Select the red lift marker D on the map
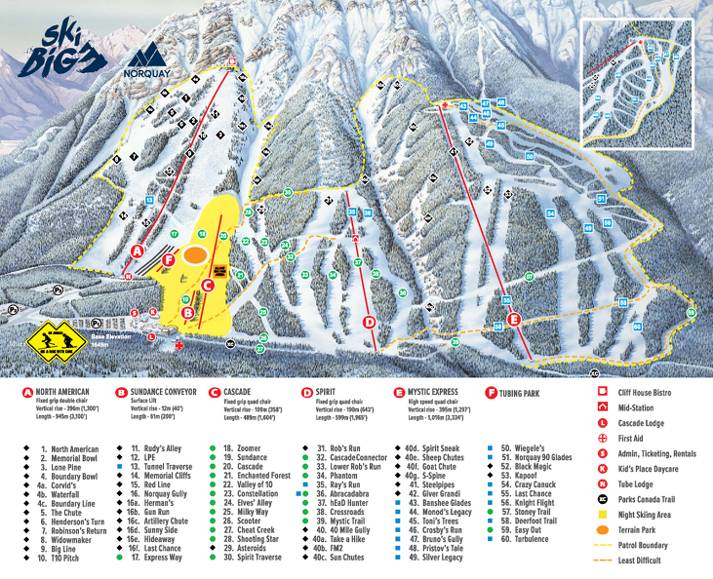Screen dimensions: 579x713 pyautogui.click(x=369, y=322)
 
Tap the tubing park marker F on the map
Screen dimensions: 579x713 pyautogui.click(x=169, y=260)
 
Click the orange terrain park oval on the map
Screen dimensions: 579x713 pyautogui.click(x=195, y=254)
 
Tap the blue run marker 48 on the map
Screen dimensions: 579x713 pyautogui.click(x=500, y=102)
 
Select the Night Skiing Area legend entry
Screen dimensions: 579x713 pyautogui.click(x=648, y=512)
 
